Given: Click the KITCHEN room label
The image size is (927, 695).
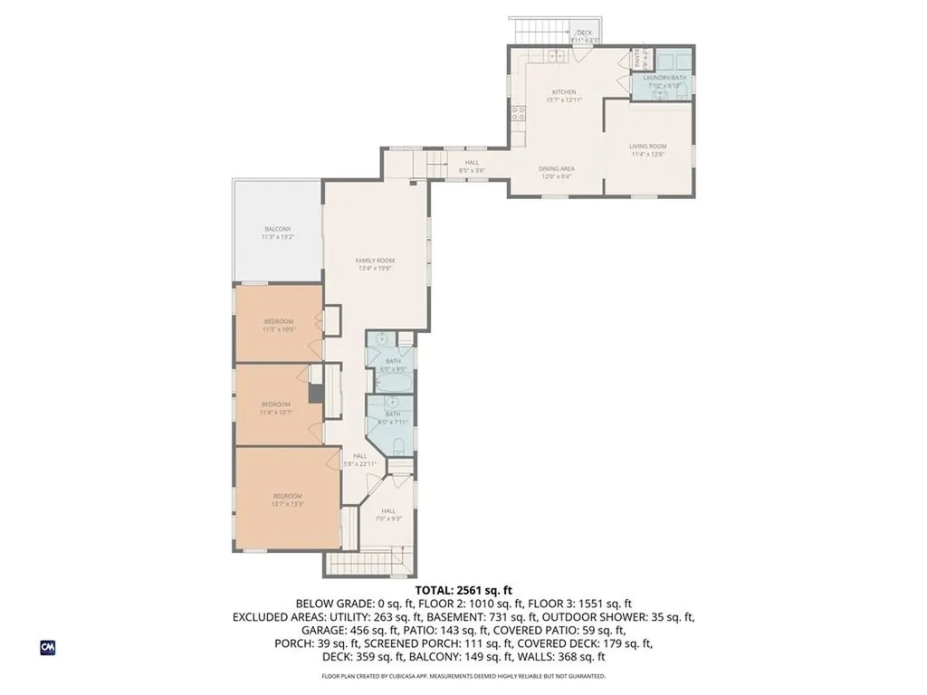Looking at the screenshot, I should (564, 92).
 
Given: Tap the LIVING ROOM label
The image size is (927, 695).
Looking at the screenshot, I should (648, 146).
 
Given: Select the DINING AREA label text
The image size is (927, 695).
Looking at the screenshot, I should (557, 169).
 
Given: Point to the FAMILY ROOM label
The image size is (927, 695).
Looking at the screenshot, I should (374, 261).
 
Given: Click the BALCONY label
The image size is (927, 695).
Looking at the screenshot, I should (277, 229).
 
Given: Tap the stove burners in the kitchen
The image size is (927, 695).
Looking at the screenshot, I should (520, 113).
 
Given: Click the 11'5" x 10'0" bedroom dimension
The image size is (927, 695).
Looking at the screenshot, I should (278, 329).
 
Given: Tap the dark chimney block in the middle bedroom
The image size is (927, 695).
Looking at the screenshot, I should (316, 395).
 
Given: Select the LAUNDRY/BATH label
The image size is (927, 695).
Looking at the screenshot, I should (665, 78).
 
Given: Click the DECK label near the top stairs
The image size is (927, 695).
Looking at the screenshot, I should (584, 33).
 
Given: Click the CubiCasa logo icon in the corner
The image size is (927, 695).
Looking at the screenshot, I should (47, 647).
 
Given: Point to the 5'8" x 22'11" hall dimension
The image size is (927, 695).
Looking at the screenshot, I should (359, 463).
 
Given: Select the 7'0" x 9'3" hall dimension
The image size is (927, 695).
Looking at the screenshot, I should (388, 518).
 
